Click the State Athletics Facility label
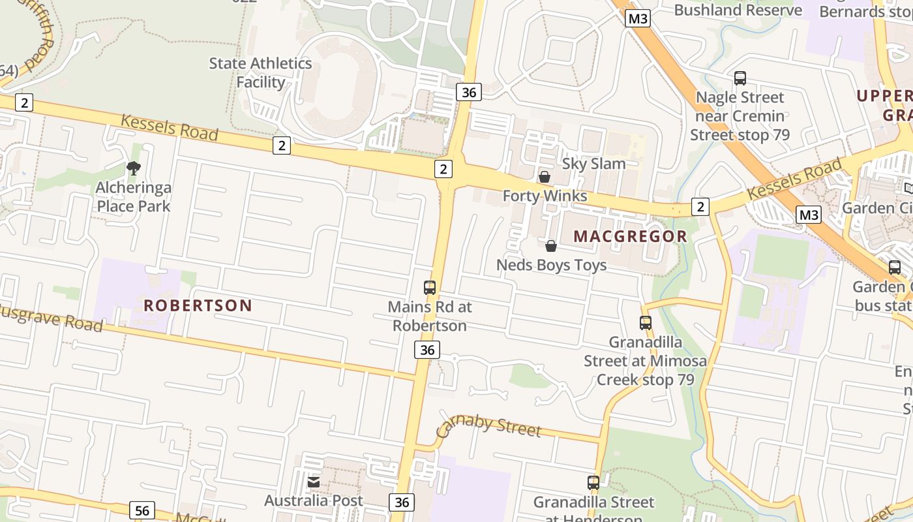pos(260,72)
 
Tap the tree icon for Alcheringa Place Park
pos(134,168)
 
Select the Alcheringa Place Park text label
pos(133,197)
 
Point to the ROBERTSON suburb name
pos(198,305)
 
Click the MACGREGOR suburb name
pos(630,236)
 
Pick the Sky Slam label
pos(593,163)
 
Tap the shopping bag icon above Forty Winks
pos(545,177)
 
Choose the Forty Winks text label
pos(545,196)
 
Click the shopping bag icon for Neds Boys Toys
pos(551,246)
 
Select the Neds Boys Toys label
pos(551,265)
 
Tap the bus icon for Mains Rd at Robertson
pos(430,288)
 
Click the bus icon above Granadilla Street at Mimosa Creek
pos(646,323)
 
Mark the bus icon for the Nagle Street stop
pos(740,78)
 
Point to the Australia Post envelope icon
pos(314,482)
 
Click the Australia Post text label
pos(314,500)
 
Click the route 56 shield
pos(142,510)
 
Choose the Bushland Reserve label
pos(738,10)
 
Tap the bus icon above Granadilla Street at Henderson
pos(593,483)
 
